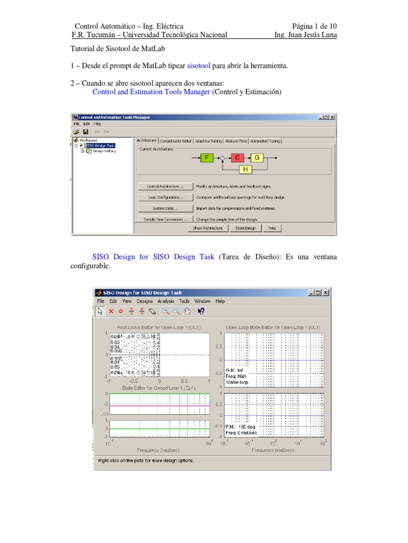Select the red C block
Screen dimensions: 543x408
237,157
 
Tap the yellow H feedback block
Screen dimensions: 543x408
245,169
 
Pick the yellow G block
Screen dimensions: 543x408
257,157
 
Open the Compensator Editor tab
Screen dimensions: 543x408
176,141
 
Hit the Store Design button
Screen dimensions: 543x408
246,228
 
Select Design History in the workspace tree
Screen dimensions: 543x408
104,151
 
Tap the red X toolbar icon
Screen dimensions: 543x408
112,311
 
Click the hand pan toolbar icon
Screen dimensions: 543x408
187,311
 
